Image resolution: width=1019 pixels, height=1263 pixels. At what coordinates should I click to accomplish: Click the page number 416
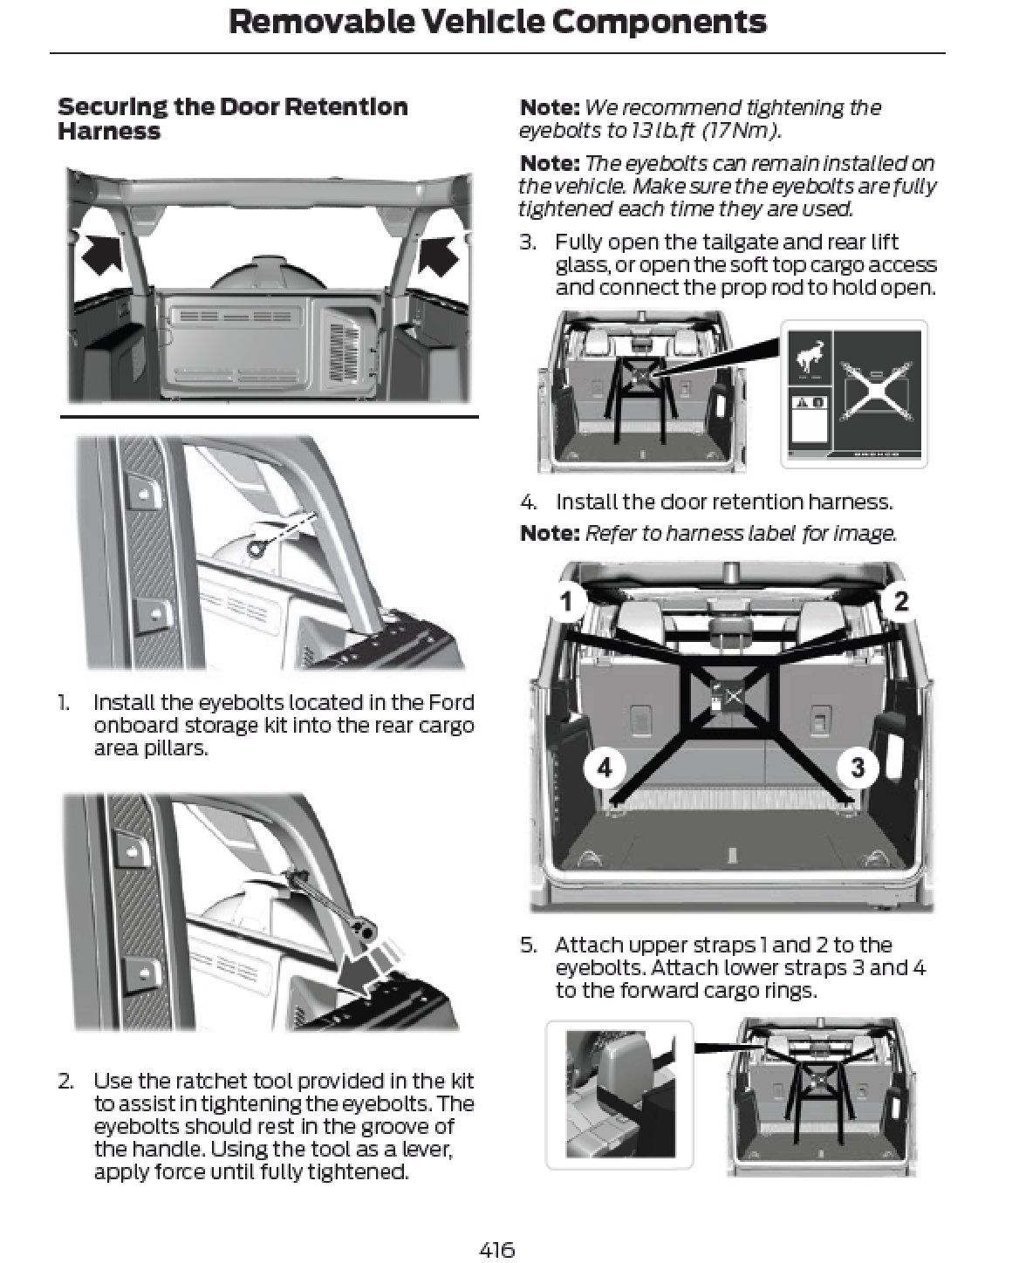(496, 1249)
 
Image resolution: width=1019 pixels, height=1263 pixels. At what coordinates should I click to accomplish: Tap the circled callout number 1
(566, 601)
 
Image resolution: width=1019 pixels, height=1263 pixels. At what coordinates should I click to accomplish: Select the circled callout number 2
(900, 601)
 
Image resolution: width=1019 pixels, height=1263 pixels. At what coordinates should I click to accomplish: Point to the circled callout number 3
(858, 767)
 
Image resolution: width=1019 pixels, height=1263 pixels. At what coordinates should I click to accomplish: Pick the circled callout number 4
(604, 767)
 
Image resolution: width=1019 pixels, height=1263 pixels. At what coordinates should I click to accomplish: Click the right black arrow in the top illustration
(438, 254)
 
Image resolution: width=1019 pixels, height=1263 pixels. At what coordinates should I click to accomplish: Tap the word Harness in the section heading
(109, 132)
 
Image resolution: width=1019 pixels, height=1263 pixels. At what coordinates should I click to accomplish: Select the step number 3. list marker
(529, 242)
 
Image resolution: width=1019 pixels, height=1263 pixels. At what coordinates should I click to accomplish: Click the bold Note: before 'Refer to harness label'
(550, 533)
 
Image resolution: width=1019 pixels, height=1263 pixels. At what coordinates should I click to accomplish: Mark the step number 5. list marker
(529, 945)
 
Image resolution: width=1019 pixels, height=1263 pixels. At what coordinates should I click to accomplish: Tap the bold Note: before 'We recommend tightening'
(550, 107)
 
